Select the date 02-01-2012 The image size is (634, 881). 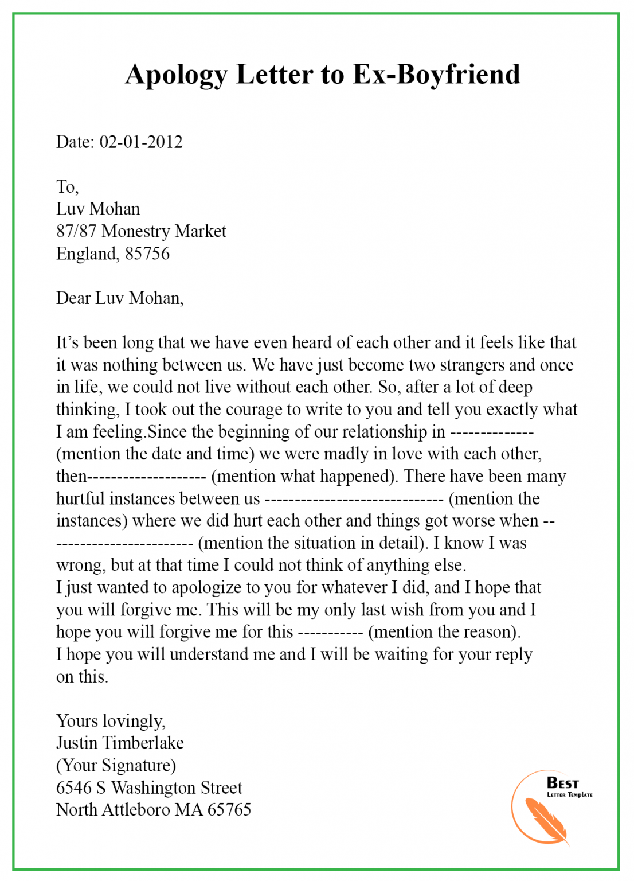141,142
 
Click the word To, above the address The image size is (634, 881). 67,186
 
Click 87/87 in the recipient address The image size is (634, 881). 76,231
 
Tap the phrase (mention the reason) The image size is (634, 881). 444,632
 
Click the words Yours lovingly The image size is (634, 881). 111,721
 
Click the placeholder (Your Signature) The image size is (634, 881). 116,766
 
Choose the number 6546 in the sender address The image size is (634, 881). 74,788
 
